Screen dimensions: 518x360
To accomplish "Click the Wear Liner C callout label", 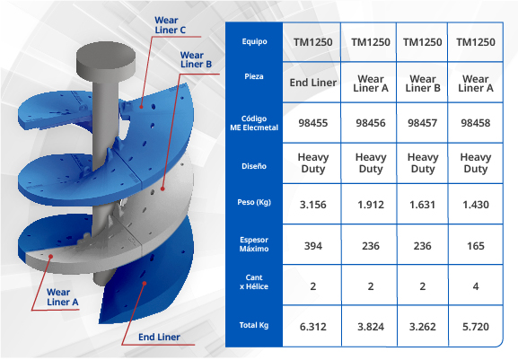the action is coord(171,25).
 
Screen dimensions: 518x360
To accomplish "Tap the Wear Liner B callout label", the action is coord(196,60).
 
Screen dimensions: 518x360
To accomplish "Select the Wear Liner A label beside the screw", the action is coord(63,297).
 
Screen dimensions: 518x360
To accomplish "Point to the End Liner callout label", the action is coord(159,338).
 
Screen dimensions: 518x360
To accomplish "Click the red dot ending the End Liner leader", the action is coord(145,284).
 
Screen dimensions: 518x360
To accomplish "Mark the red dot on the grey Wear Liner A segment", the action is coord(50,256).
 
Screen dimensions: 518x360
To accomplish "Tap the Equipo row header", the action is coord(254,41).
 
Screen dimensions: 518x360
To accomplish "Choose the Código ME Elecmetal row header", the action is coord(254,123).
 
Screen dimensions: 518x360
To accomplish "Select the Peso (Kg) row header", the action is coord(254,202).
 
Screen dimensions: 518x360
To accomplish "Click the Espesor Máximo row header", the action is coord(254,244).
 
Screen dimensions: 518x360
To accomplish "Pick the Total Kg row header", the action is coord(254,325).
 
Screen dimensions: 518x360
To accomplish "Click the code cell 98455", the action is coord(312,123).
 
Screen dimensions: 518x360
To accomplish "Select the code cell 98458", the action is coord(476,123).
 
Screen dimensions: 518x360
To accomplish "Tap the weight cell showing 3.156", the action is coord(312,205).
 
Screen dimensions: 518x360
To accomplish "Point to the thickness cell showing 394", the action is coord(312,246).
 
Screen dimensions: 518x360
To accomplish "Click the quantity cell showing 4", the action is coord(476,286).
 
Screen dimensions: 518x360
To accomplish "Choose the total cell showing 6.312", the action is coord(312,327).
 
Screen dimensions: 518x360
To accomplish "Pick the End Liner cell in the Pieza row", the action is coord(312,83).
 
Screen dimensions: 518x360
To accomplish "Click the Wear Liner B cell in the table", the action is coord(423,83).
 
